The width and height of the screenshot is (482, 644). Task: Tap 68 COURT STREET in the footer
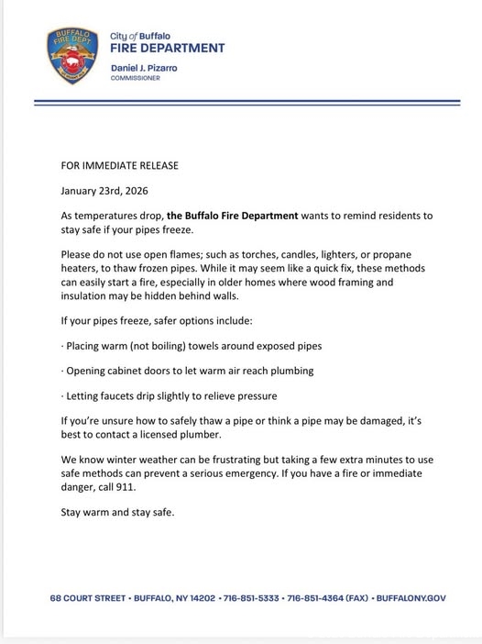87,597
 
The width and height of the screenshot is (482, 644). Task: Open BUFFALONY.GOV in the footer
411,597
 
